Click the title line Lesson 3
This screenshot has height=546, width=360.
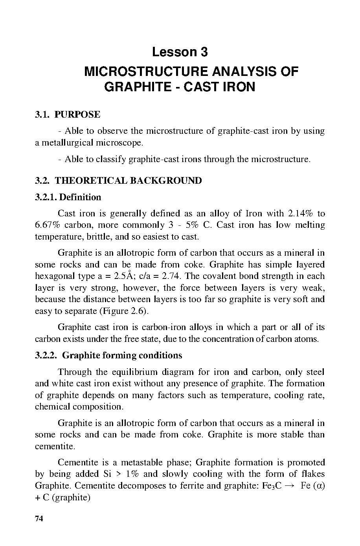(180, 52)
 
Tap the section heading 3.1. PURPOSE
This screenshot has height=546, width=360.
(68, 114)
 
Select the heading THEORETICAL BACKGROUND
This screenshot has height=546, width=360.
(128, 181)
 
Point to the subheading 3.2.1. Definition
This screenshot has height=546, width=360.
(68, 197)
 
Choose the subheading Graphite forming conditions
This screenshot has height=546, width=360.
(122, 356)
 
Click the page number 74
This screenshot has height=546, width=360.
(39, 518)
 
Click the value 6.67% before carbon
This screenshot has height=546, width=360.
(47, 225)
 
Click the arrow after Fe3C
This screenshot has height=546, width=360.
(289, 486)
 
